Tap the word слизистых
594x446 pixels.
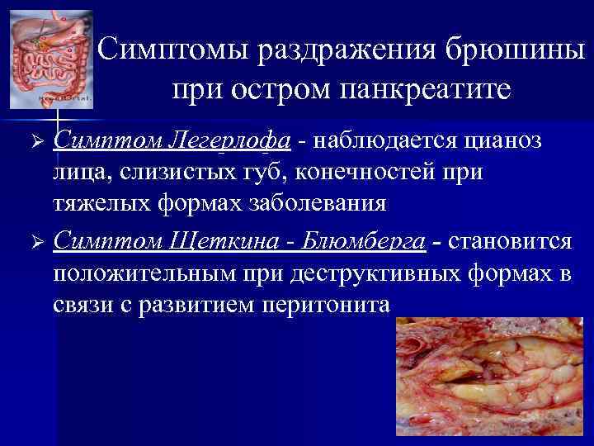click(165, 174)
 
